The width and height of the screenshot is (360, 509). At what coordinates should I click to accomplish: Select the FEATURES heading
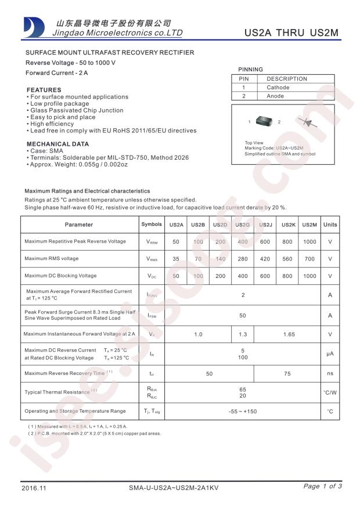44,90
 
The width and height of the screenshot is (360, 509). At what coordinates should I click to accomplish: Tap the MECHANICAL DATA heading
58,144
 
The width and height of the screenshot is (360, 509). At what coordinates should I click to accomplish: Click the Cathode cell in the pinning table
278,88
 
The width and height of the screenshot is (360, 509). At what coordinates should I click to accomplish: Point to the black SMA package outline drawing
265,122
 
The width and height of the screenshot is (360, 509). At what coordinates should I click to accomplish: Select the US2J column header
265,225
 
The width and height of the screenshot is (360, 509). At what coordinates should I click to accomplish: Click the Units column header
330,225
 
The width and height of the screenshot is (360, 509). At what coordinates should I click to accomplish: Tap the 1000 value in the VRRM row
309,241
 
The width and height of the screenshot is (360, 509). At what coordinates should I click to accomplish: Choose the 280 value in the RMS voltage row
243,259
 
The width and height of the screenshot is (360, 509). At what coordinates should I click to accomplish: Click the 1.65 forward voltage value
287,334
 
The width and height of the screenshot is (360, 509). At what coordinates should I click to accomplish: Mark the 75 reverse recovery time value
287,374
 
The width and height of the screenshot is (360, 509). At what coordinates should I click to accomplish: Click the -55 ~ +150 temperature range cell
243,411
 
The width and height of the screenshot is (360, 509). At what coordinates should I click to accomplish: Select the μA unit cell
330,354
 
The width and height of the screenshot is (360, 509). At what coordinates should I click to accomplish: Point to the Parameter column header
79,225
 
